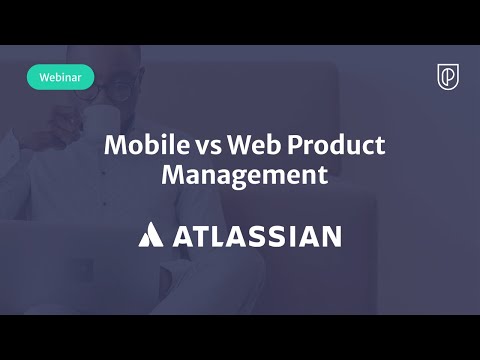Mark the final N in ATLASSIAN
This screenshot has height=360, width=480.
click(328, 236)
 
